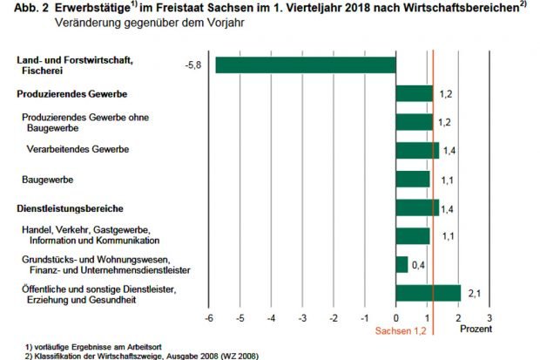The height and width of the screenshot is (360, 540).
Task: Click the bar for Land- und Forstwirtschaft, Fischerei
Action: (305, 65)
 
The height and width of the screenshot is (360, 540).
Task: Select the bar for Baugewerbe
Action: (413, 179)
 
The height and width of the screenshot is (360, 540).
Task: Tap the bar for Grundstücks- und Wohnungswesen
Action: (402, 264)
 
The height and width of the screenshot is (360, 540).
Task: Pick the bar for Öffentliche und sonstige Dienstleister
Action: (428, 293)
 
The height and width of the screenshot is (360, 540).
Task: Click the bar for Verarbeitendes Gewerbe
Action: (417, 150)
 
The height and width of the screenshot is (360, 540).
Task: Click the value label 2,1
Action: (475, 295)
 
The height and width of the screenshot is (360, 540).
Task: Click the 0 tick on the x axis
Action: (396, 318)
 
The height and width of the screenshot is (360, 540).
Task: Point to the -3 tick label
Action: (301, 318)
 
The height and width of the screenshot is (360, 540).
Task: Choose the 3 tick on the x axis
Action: (490, 318)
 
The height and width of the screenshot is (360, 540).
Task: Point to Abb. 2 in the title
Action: (22, 8)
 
